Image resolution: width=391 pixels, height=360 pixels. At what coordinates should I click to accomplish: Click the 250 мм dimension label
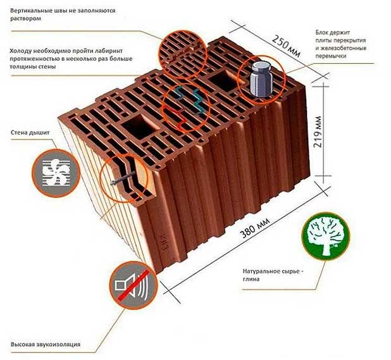[x=286, y=46]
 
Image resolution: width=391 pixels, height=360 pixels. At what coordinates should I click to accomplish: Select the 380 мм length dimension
[x=255, y=228]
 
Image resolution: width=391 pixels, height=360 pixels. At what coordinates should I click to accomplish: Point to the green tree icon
[x=325, y=235]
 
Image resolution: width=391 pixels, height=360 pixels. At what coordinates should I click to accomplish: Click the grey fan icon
[x=56, y=173]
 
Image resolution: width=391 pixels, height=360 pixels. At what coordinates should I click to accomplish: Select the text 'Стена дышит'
[x=30, y=133]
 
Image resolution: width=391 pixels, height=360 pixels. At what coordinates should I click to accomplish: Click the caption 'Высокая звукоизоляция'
[x=46, y=344]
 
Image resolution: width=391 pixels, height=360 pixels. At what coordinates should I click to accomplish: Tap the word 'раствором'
[x=25, y=19]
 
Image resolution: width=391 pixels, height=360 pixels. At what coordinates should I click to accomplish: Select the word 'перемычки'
[x=331, y=56]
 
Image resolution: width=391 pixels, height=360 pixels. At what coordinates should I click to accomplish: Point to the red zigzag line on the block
[x=175, y=117]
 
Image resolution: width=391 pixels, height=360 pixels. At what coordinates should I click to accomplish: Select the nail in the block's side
[x=123, y=178]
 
